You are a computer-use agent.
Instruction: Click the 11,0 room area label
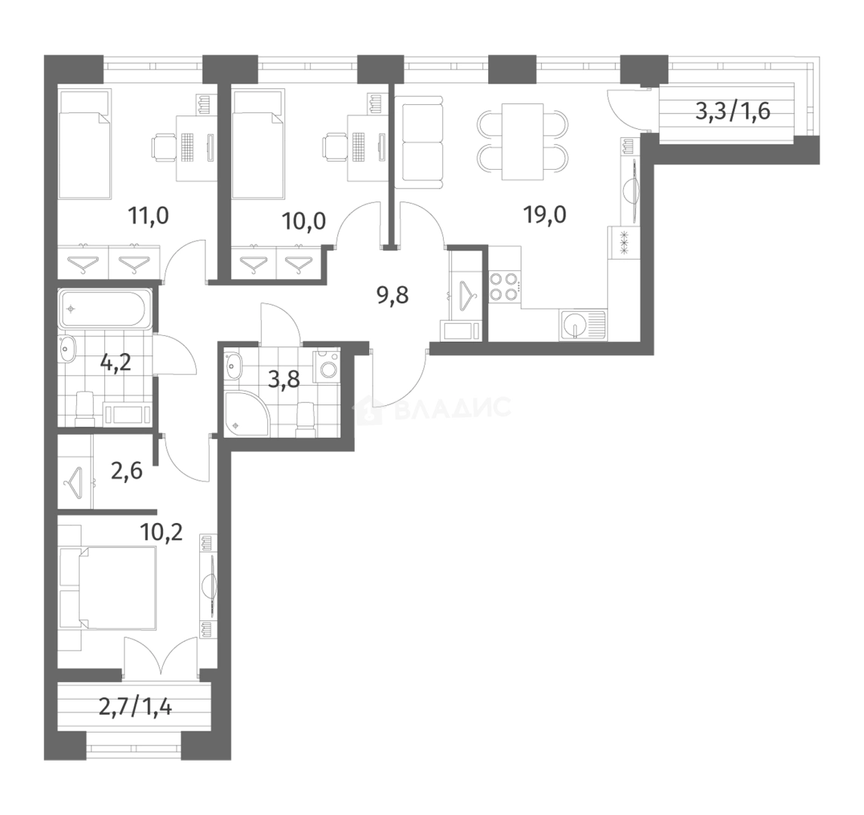148,215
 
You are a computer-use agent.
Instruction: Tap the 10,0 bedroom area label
303,222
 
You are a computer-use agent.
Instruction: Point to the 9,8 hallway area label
392,296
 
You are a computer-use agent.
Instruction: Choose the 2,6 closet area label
127,472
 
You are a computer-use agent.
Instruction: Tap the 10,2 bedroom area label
161,534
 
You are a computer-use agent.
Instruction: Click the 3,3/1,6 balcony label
733,112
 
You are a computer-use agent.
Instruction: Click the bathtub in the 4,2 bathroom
103,310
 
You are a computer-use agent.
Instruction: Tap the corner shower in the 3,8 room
247,413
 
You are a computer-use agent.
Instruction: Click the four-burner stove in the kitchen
504,287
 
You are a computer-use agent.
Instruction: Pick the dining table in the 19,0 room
522,142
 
